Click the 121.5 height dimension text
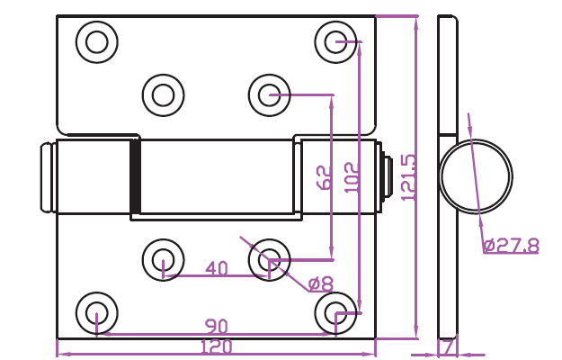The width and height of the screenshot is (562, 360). coord(408,177)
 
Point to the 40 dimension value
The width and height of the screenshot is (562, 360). coord(217,268)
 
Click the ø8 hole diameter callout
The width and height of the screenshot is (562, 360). coord(320,284)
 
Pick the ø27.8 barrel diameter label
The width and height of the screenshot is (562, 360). coord(510,245)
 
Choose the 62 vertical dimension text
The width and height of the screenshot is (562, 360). coord(325,177)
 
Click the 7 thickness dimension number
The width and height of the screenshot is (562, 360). coord(447,346)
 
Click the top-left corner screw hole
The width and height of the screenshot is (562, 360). coord(97,41)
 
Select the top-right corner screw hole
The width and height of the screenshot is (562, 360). coord(337,41)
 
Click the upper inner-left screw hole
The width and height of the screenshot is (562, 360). coord(163,94)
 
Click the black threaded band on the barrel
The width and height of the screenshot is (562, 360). coord(136,176)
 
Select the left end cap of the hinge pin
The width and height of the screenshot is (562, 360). coord(47,176)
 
